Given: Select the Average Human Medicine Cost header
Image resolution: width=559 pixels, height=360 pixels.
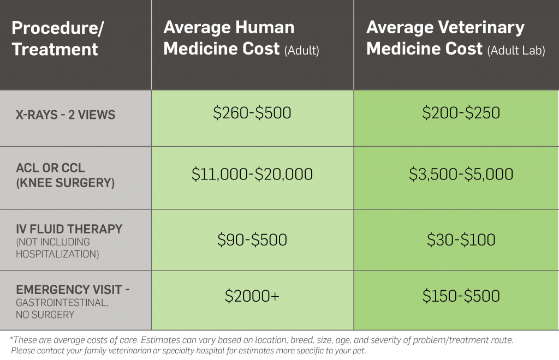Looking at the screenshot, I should click(229, 38).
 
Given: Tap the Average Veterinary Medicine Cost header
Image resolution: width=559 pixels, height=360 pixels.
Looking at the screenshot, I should click(445, 38).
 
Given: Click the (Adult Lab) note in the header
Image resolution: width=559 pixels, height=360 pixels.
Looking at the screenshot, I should click(516, 50).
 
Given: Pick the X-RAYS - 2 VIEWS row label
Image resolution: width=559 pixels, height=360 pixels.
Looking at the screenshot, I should click(66, 115).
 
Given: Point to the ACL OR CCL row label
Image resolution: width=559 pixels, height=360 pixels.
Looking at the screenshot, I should click(51, 168).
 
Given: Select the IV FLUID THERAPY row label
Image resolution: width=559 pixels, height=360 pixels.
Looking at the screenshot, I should click(69, 229).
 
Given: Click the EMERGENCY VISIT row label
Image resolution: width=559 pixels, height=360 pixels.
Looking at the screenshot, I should click(73, 290).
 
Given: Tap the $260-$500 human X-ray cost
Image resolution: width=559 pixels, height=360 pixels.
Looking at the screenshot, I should click(252, 113).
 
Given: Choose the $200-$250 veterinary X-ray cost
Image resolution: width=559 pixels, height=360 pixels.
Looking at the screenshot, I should click(461, 113).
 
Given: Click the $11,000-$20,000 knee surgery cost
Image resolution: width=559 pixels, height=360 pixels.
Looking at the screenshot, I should click(252, 174).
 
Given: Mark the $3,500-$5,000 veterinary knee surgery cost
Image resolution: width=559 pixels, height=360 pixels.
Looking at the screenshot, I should click(461, 174).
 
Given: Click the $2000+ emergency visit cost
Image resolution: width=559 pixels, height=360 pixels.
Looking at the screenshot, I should click(252, 296).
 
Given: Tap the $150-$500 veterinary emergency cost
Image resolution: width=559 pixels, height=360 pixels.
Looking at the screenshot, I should click(461, 296).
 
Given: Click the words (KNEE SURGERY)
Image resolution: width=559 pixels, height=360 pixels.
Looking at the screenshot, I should click(66, 183).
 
